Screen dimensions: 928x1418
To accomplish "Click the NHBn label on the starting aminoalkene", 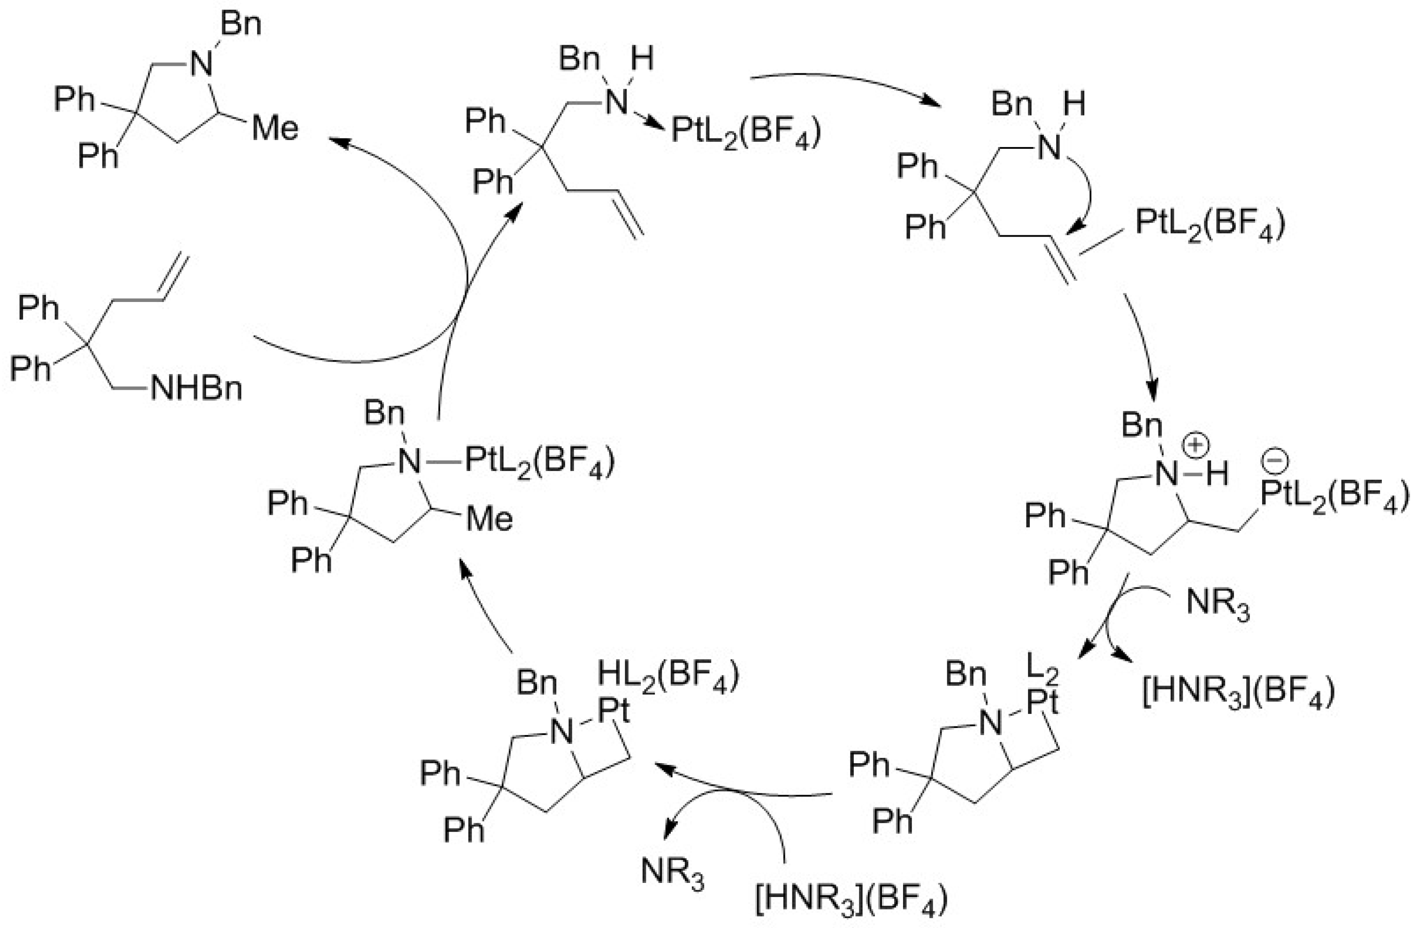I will [x=197, y=388].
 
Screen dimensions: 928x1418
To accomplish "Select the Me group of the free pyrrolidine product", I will [x=275, y=128].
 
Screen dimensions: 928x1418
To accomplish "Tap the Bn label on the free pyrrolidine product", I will [x=241, y=25].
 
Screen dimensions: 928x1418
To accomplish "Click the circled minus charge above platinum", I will [x=1275, y=459].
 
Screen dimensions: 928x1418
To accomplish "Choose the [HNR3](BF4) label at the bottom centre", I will [x=851, y=897].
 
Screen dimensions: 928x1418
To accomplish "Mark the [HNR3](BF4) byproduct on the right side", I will [x=1238, y=691].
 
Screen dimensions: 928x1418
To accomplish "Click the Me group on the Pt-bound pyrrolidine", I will [x=489, y=518].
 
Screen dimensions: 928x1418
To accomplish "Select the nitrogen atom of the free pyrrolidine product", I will [x=201, y=62].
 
